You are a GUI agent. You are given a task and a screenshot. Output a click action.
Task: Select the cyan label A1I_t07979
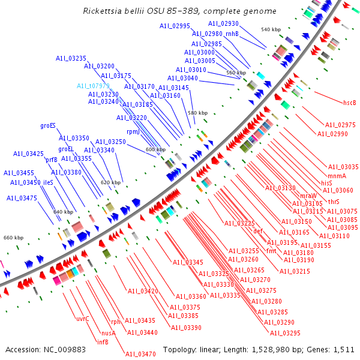93,86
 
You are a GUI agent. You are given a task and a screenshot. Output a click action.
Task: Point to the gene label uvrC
82,318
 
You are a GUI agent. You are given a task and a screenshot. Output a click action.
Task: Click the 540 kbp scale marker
271,29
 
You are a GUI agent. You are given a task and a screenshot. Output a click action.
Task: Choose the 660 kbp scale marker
13,238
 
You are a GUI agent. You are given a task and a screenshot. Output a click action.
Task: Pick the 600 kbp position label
155,149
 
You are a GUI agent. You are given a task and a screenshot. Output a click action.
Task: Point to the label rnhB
232,34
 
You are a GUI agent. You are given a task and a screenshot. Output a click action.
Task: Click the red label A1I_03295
285,333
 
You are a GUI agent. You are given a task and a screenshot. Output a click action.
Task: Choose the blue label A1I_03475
22,198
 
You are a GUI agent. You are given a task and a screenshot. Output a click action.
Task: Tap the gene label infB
103,342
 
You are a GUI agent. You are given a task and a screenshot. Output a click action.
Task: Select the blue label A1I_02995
175,26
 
